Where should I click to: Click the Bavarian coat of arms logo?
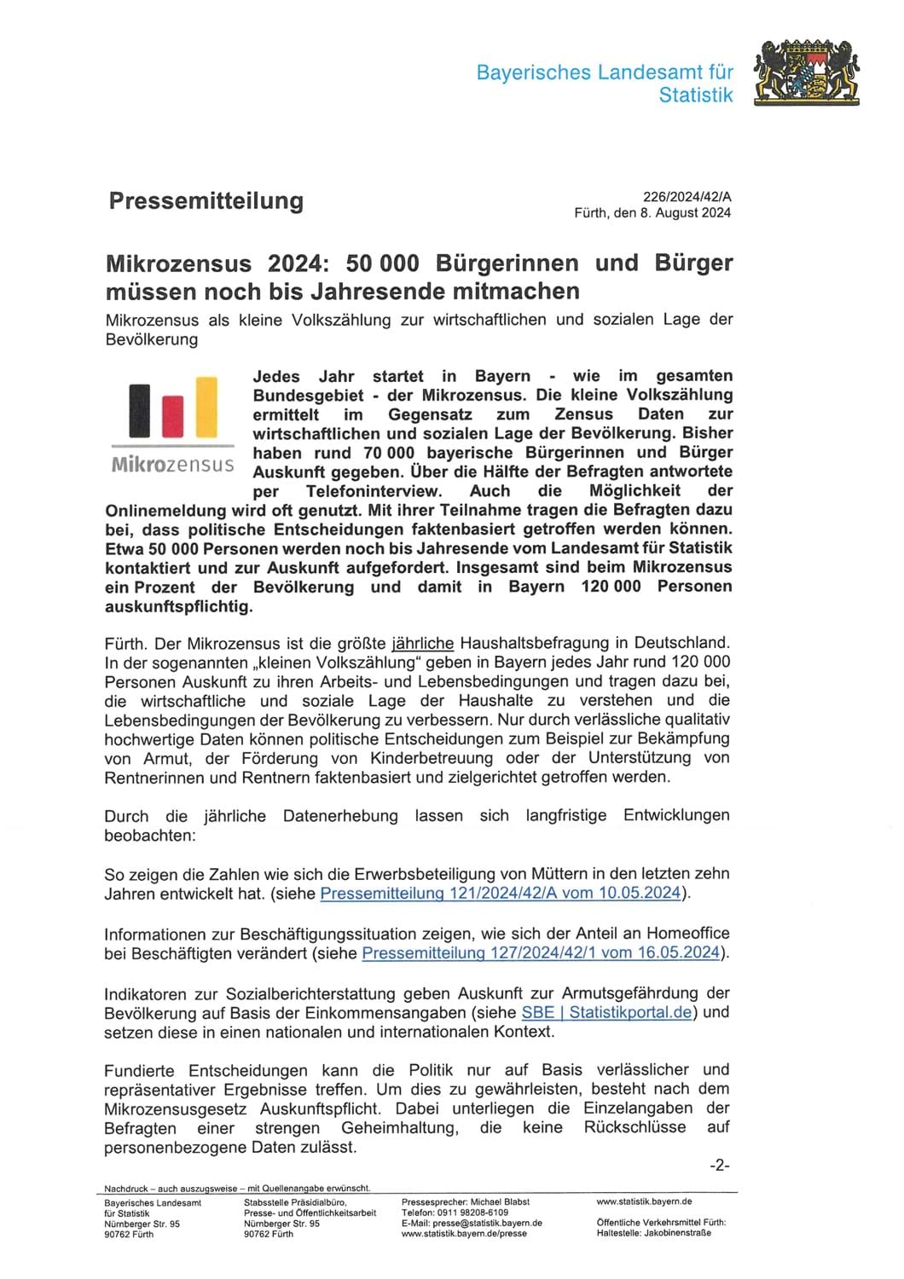(806, 72)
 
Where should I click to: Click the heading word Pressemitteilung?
(206, 201)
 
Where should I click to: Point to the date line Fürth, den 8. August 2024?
(652, 213)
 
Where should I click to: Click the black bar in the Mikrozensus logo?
(139, 411)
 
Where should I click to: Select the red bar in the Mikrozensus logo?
(172, 416)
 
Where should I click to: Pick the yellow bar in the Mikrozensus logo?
(206, 408)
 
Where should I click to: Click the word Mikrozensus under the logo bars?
(172, 465)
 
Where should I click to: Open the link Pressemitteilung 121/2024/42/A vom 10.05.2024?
(501, 894)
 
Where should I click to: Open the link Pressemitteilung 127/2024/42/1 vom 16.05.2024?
(542, 953)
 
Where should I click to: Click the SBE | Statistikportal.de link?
(606, 1013)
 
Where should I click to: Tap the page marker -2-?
(720, 1166)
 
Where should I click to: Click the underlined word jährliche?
(423, 643)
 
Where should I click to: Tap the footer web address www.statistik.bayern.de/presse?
(464, 1233)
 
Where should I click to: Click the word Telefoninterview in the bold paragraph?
(374, 491)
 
